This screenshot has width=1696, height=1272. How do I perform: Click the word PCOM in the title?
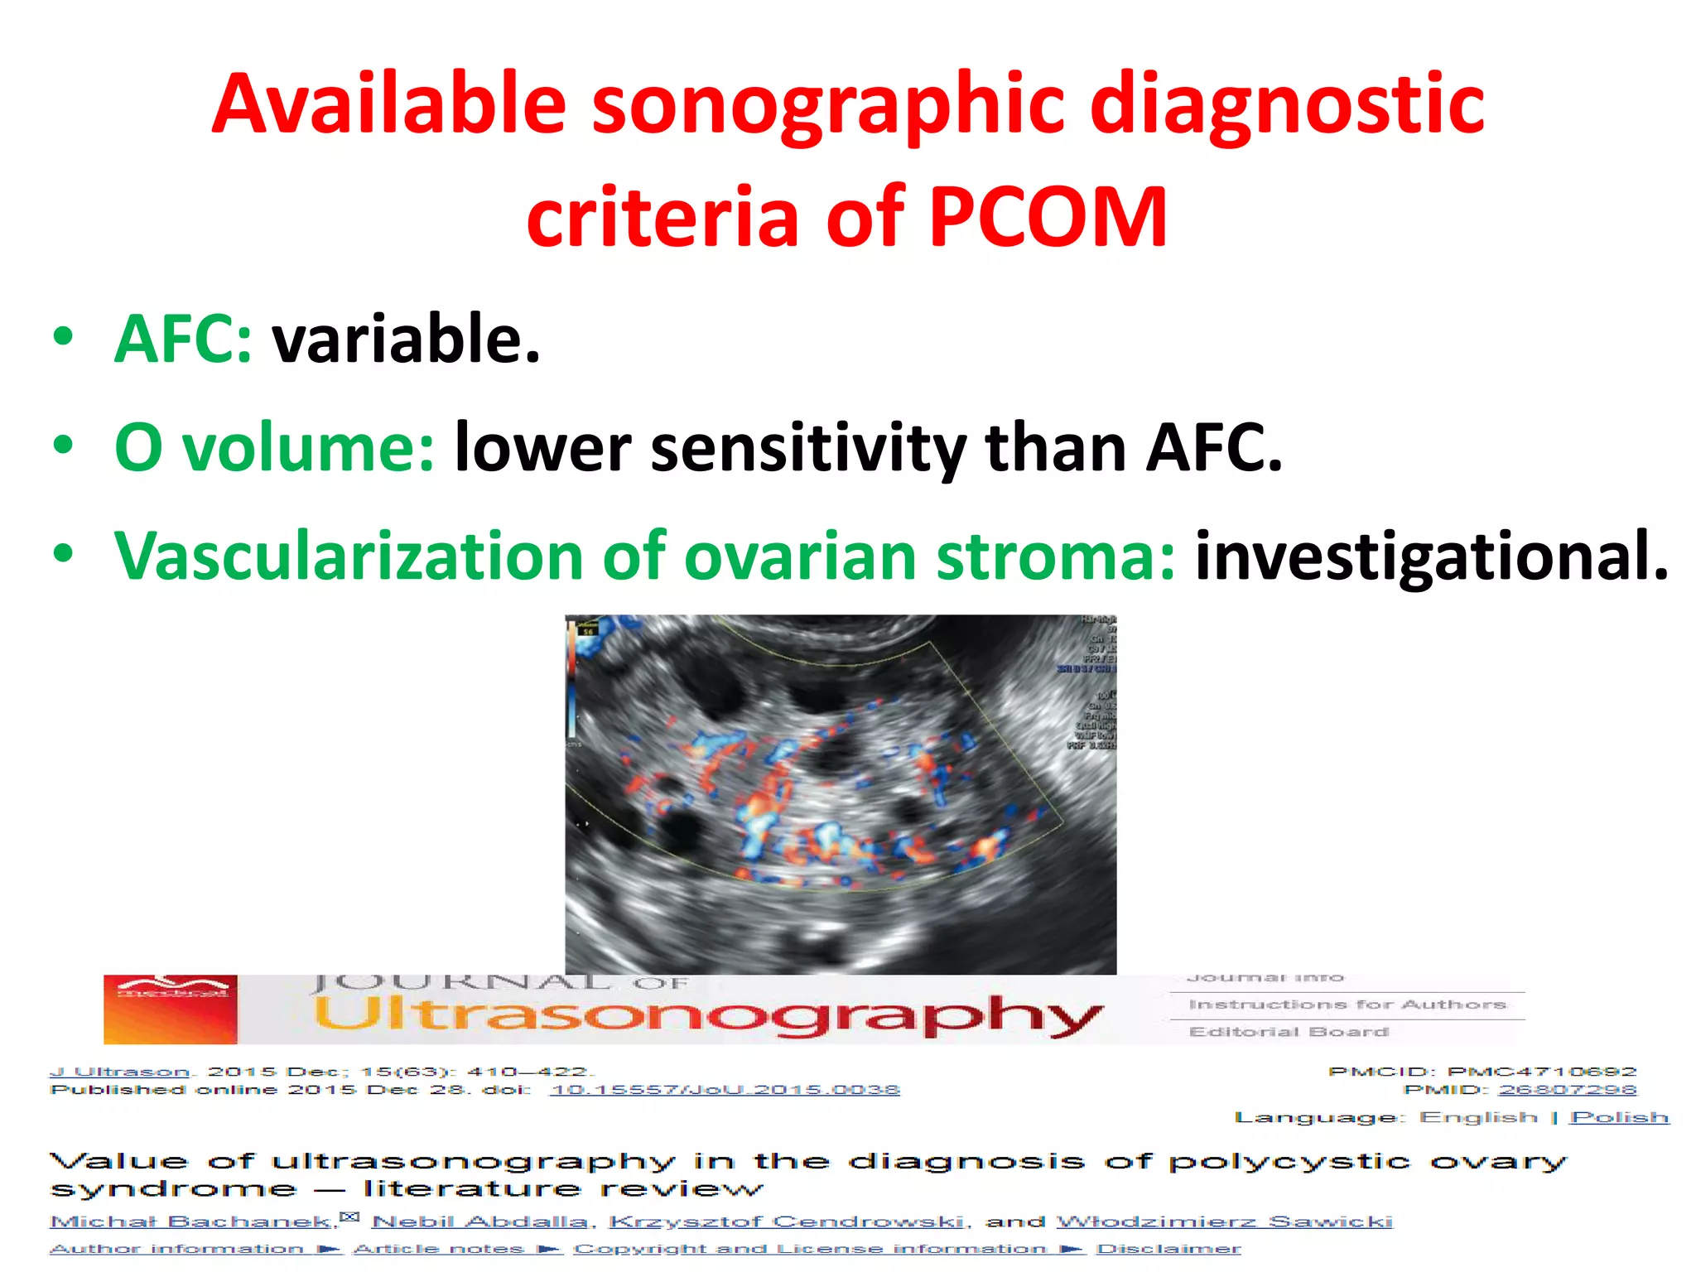click(x=1047, y=217)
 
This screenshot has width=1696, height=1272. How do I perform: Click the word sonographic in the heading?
click(x=827, y=105)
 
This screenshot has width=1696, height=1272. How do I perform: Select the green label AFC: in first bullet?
click(x=183, y=339)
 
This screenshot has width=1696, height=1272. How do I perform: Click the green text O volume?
click(x=274, y=447)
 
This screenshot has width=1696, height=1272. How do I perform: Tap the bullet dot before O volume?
click(x=63, y=446)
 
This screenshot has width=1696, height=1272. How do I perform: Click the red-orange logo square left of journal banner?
click(x=170, y=1009)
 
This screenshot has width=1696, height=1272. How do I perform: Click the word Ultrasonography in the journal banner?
click(x=708, y=1015)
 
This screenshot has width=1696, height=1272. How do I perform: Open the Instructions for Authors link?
click(x=1347, y=1005)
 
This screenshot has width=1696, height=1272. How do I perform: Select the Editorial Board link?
click(x=1289, y=1032)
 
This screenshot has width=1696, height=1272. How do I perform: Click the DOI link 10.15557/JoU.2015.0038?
click(x=725, y=1090)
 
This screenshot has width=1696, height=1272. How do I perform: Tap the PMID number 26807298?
click(x=1568, y=1090)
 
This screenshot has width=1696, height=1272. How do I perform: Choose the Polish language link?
click(x=1619, y=1117)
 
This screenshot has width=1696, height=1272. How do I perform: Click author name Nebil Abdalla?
click(x=479, y=1221)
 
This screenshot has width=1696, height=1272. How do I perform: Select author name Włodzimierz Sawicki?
click(x=1225, y=1221)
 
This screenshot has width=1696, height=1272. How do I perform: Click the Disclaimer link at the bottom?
click(x=1168, y=1249)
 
